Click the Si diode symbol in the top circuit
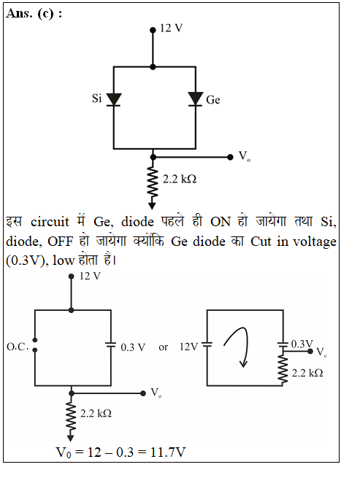(113, 100)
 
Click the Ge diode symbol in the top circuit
(196, 99)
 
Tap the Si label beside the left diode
(96, 99)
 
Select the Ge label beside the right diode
(213, 100)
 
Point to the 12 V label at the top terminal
(171, 28)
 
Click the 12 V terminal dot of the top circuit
(153, 30)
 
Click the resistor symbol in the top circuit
(152, 182)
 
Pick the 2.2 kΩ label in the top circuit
(180, 180)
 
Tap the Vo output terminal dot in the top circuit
(230, 157)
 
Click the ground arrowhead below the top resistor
(152, 206)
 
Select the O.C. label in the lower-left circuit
(18, 347)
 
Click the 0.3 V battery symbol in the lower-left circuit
(111, 344)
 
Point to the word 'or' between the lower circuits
(164, 347)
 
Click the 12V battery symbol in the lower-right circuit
(207, 344)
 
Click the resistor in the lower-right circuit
(283, 366)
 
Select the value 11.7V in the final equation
(168, 452)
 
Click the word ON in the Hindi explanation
(221, 222)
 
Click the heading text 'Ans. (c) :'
(34, 14)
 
